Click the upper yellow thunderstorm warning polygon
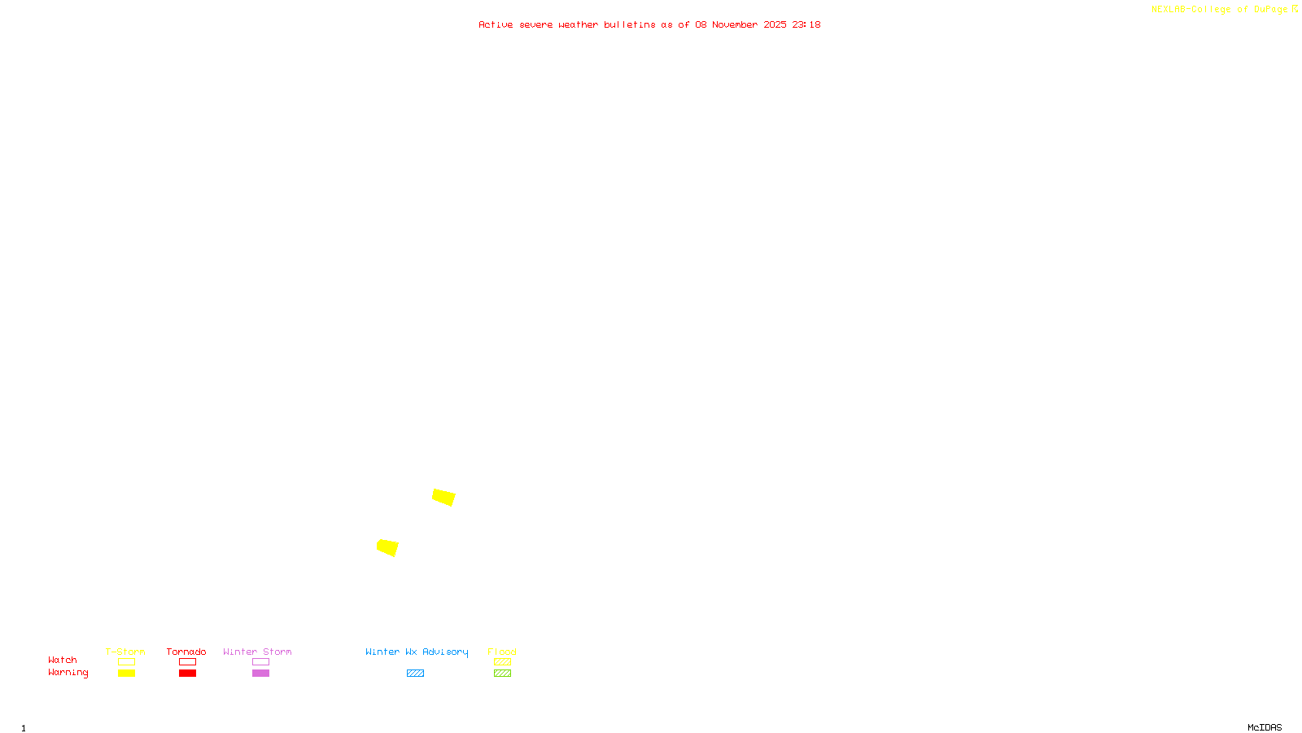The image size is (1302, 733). point(443,497)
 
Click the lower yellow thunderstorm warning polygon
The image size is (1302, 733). point(387,547)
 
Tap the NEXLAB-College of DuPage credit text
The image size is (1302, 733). point(1220,9)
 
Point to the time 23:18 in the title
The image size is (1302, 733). point(806,24)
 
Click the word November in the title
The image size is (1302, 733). point(735,24)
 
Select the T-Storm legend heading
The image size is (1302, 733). point(125,652)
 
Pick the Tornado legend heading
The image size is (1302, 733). point(186,652)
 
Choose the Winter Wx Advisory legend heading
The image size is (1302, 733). point(417,652)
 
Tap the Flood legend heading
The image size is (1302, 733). point(502,652)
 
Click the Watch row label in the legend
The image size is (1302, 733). point(63,660)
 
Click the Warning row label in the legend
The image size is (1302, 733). point(68,673)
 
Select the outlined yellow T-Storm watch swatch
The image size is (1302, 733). point(126,662)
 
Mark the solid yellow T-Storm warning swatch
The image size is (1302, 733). point(126,674)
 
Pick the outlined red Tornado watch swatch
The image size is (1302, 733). point(187,662)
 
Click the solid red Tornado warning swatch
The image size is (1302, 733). point(187,674)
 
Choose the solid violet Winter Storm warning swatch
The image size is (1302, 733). point(260,674)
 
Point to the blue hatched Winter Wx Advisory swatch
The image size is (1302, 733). point(415,674)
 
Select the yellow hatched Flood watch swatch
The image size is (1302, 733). point(502,662)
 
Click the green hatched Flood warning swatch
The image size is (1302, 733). point(502,674)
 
